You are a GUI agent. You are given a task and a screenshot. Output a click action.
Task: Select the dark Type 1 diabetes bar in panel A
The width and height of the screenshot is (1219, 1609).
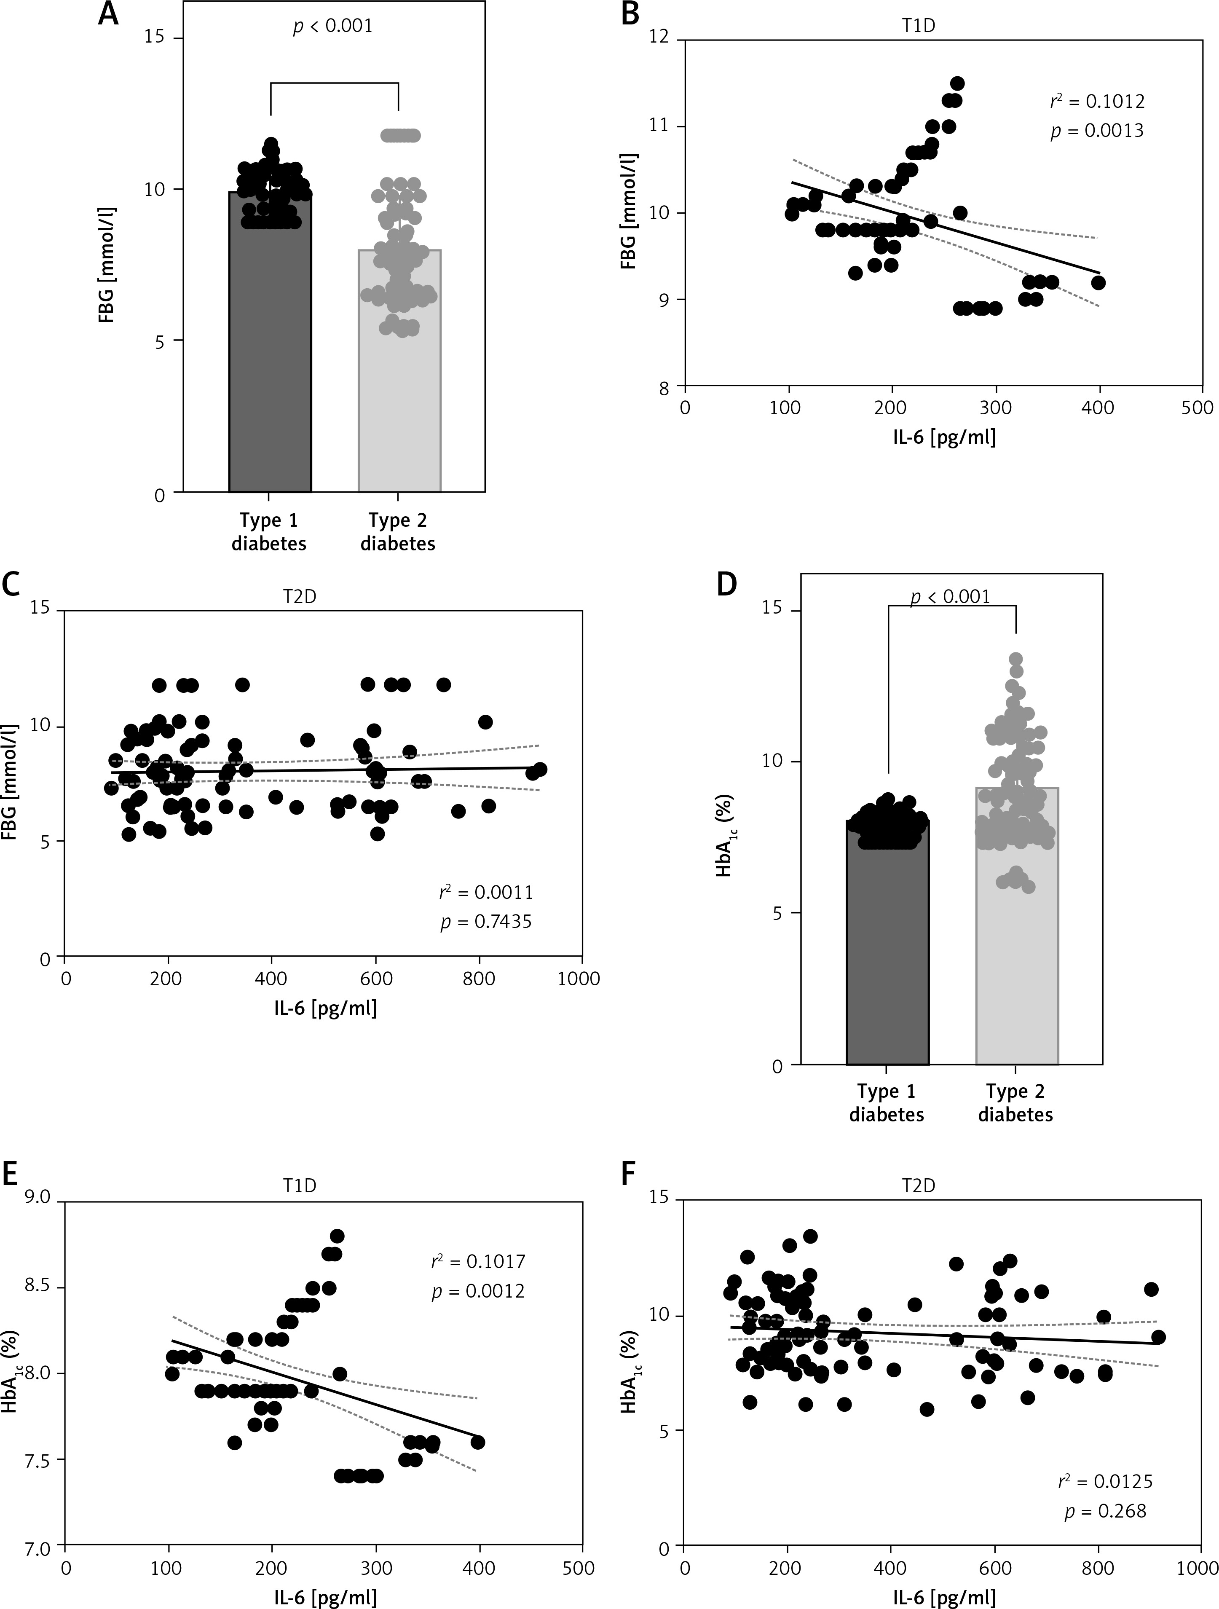point(270,364)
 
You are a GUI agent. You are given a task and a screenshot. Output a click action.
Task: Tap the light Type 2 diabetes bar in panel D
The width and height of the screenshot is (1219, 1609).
point(1015,946)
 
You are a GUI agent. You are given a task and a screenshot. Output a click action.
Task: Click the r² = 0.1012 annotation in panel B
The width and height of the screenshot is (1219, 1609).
point(1097,101)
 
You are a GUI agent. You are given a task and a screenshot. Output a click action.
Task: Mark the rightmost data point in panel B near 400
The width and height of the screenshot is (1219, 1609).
point(1098,282)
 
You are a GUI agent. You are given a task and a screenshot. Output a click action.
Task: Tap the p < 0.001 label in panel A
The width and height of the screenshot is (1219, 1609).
point(332,26)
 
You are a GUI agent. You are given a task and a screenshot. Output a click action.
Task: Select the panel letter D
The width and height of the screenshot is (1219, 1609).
point(726,585)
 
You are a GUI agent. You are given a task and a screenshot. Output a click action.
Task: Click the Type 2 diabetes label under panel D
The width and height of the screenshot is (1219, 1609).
point(1015,1103)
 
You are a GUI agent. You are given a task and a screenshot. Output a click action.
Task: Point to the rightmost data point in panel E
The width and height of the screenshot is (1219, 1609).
point(477,1442)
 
